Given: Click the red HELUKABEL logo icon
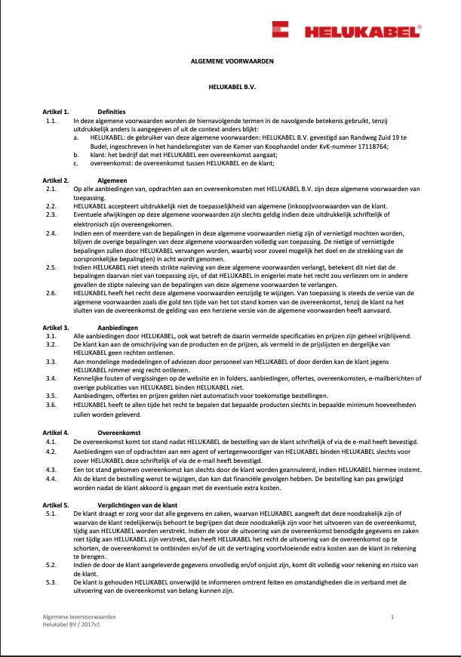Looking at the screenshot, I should pyautogui.click(x=283, y=31).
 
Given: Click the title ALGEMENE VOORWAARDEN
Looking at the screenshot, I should pyautogui.click(x=231, y=60).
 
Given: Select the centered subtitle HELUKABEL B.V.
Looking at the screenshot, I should pyautogui.click(x=231, y=86).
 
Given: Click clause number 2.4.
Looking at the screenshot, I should pyautogui.click(x=51, y=234).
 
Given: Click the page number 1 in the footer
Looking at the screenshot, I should pyautogui.click(x=393, y=618).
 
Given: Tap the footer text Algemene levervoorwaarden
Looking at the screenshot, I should pyautogui.click(x=74, y=618).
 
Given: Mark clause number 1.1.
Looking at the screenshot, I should pyautogui.click(x=51, y=120).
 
